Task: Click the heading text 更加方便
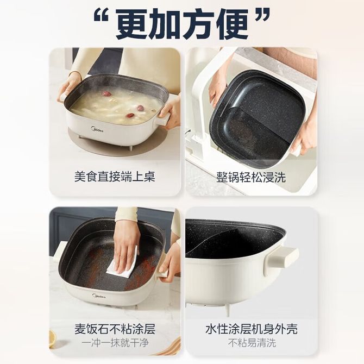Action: coord(182,24)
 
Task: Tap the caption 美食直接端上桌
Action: coord(115,177)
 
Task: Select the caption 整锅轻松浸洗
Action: coord(251,177)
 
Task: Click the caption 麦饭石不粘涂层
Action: coord(115,329)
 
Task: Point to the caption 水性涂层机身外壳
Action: coord(251,329)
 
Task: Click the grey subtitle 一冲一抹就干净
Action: coord(115,343)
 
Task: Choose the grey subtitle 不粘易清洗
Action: coord(252,343)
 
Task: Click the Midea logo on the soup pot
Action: coord(97,129)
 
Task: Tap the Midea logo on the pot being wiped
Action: coord(99,296)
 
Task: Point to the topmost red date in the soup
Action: coord(106,93)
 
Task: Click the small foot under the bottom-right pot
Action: coord(227,310)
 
